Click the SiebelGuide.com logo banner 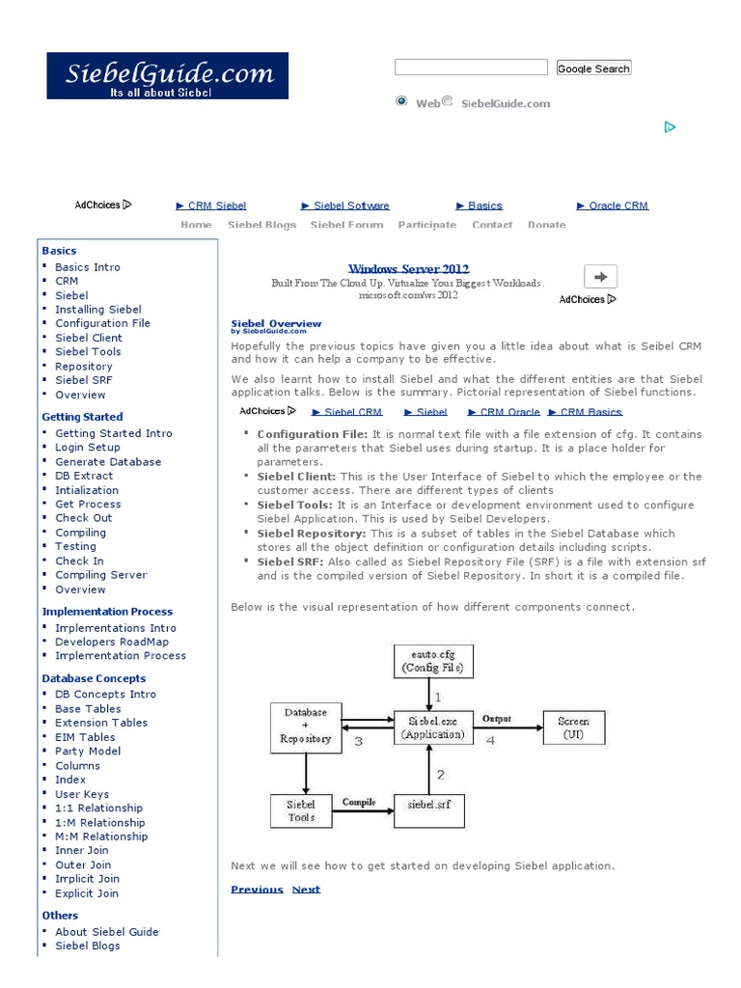[167, 75]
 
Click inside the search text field [471, 68]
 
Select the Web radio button [401, 101]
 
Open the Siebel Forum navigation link [346, 225]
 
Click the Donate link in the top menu [546, 225]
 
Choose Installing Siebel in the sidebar [98, 310]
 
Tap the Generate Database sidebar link [108, 461]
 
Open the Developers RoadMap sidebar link [112, 642]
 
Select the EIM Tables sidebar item [85, 737]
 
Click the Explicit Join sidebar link [87, 893]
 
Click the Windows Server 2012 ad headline [408, 269]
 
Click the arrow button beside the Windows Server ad [600, 277]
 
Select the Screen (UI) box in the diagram [573, 727]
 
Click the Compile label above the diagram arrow [358, 802]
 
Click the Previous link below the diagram [257, 890]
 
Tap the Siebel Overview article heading [276, 323]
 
